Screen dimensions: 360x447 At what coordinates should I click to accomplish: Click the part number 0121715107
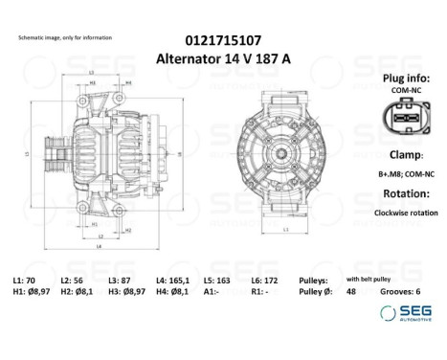223,41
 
